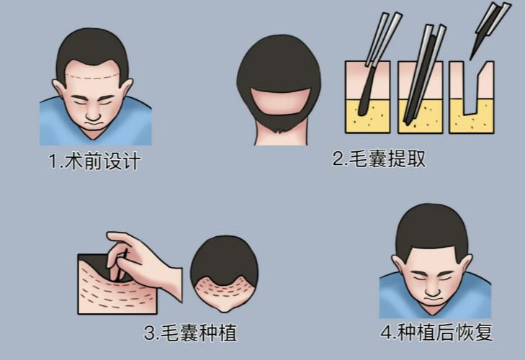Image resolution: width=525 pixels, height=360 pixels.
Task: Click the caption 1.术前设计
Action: tap(94, 161)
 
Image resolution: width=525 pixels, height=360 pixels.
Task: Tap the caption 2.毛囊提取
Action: tap(379, 158)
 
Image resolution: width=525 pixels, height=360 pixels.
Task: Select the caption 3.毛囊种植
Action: tap(190, 333)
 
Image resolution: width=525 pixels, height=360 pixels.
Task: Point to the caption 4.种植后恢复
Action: tap(436, 332)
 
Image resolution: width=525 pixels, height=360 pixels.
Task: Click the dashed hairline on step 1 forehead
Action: tap(92, 77)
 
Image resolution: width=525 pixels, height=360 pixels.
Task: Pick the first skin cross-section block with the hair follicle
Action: tap(367, 97)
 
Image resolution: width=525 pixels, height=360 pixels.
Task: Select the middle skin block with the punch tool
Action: tap(421, 97)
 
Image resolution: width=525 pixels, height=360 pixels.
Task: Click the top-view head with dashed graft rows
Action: tap(224, 274)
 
